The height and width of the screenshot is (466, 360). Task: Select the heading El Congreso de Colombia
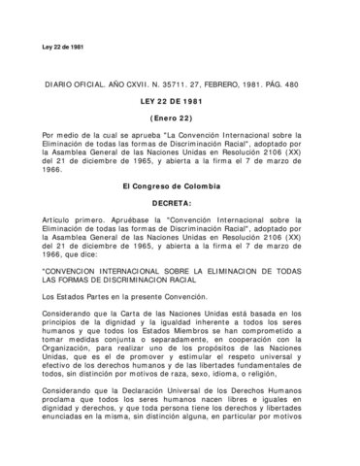(x=180, y=184)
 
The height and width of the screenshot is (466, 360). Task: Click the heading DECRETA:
(x=180, y=201)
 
